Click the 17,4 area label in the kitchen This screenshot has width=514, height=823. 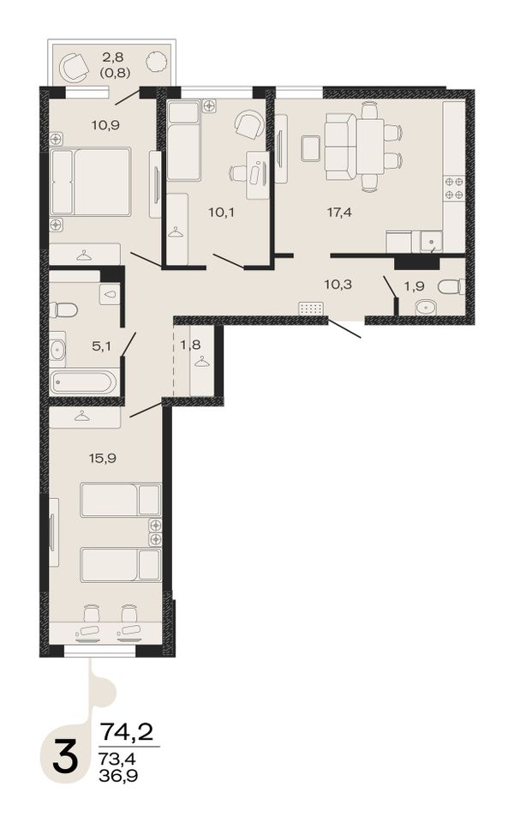[339, 213]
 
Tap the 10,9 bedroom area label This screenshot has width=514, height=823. [105, 125]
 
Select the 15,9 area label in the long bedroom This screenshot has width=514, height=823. [102, 458]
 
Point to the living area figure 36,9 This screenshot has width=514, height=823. [118, 775]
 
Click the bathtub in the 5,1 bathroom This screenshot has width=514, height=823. [83, 382]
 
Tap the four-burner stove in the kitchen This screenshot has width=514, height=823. [454, 188]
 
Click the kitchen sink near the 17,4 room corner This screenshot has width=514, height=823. [431, 242]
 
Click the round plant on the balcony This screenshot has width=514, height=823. [156, 63]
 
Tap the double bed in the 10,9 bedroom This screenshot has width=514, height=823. [91, 182]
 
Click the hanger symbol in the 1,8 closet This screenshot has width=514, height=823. [200, 362]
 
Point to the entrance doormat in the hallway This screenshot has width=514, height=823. [312, 309]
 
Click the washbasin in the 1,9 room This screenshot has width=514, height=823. [428, 307]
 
